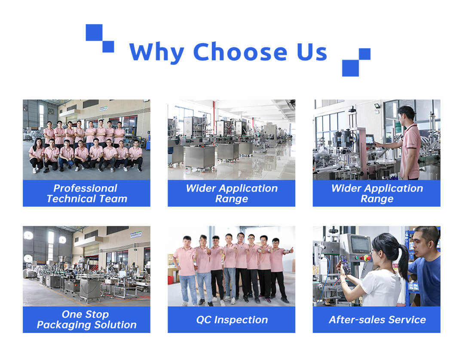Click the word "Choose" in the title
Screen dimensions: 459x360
pyautogui.click(x=240, y=52)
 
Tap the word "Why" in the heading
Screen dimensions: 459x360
pyautogui.click(x=156, y=53)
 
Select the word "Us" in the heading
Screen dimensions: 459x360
pyautogui.click(x=312, y=52)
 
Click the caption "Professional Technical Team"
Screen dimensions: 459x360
pyautogui.click(x=87, y=193)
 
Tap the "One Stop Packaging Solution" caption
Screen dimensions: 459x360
pyautogui.click(x=87, y=319)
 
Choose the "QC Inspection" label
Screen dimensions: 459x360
pyautogui.click(x=232, y=320)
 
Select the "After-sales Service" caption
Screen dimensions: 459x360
pyautogui.click(x=377, y=320)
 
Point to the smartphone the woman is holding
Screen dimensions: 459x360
pyautogui.click(x=345, y=264)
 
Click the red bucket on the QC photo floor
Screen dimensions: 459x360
pyautogui.click(x=171, y=280)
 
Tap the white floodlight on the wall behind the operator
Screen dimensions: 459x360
pyautogui.click(x=377, y=106)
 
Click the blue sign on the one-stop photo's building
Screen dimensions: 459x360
pyautogui.click(x=136, y=235)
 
